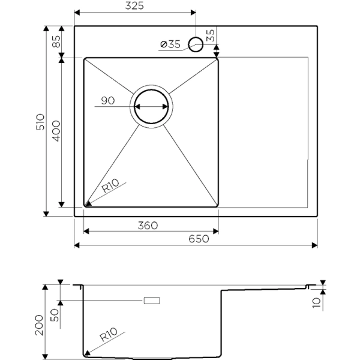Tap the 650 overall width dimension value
coord(199,239)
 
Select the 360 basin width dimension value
coord(148,226)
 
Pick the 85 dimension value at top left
coord(56,42)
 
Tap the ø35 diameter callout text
coord(170,44)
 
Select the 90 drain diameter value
coord(108,101)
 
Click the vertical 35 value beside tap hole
coord(210,35)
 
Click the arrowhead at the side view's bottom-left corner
coord(88,353)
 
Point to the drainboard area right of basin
coord(264,132)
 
